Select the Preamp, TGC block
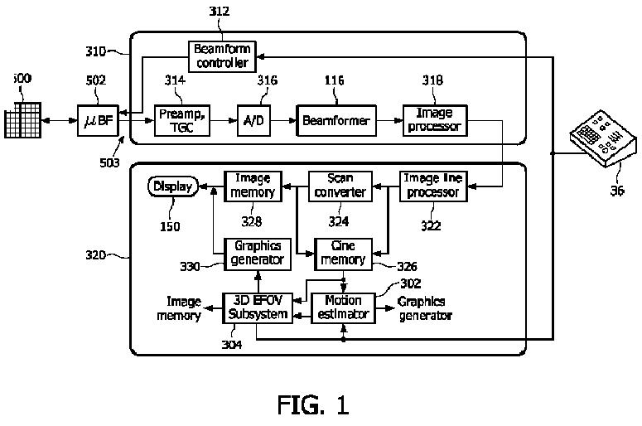click(x=176, y=120)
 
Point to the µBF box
click(x=99, y=122)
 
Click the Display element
click(x=172, y=186)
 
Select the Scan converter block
click(x=340, y=186)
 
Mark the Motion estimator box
click(x=342, y=307)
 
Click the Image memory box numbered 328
click(x=253, y=186)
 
